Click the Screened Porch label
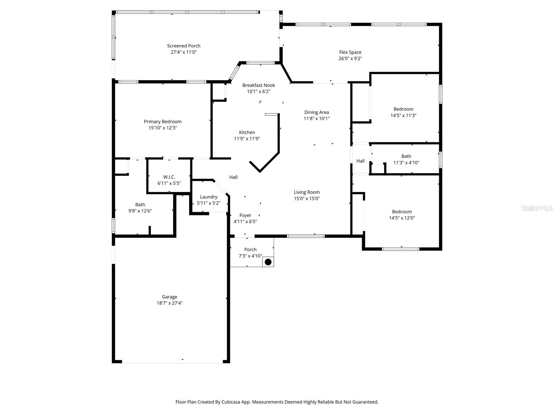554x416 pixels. click(x=184, y=46)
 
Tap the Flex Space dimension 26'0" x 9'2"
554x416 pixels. click(x=350, y=59)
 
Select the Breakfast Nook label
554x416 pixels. click(x=258, y=85)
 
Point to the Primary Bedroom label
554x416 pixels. click(x=162, y=122)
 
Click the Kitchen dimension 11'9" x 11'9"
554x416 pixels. click(x=247, y=139)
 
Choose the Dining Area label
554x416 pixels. click(x=316, y=112)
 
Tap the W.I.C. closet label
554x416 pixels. click(x=169, y=177)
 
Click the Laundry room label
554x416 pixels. click(x=208, y=197)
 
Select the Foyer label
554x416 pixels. click(x=245, y=215)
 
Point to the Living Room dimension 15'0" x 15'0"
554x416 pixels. click(x=306, y=199)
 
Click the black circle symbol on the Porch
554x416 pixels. click(x=268, y=262)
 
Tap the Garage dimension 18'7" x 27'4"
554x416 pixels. click(x=169, y=303)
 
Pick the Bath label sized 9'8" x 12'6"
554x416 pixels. click(x=140, y=205)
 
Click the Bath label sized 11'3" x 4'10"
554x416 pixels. click(x=406, y=156)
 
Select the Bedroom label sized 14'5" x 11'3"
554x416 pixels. click(x=403, y=109)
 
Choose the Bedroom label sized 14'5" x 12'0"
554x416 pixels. click(x=402, y=212)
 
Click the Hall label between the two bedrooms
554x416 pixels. click(x=360, y=161)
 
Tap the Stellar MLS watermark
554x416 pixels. click(x=536, y=208)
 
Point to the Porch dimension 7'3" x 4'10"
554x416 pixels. click(x=250, y=256)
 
